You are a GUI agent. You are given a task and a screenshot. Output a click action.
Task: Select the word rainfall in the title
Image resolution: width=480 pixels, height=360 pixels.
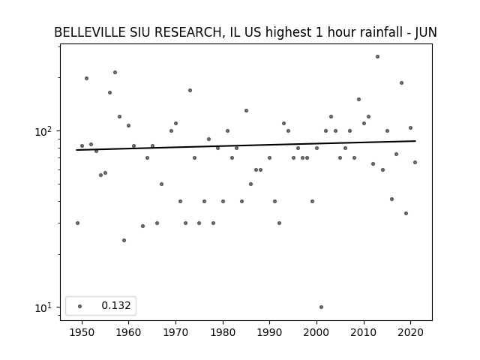tap(378, 32)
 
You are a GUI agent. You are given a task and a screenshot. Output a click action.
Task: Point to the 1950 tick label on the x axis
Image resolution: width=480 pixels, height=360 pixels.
tap(82, 332)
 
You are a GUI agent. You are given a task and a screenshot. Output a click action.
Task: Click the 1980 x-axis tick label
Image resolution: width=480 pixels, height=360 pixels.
tap(223, 332)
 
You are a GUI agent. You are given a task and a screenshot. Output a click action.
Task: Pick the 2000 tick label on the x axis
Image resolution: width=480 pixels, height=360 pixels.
tap(316, 332)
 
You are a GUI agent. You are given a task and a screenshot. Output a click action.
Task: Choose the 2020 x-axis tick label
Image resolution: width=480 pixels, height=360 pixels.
tap(410, 332)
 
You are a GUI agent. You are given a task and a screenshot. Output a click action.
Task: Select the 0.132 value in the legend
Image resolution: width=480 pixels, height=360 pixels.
tap(116, 305)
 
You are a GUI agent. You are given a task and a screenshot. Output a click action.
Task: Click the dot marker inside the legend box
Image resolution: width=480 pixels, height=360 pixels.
tap(80, 306)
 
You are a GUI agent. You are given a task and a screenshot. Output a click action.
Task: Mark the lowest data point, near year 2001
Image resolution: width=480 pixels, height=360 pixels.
tap(321, 307)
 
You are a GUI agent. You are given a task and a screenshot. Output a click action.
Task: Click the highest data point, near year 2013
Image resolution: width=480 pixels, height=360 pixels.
tap(377, 57)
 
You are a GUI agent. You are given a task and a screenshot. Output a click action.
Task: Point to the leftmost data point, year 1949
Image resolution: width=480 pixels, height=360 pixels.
tap(77, 223)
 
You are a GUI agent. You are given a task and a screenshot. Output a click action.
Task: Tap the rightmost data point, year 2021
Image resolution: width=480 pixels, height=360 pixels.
tap(415, 162)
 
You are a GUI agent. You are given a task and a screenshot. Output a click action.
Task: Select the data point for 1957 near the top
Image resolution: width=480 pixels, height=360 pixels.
tap(115, 73)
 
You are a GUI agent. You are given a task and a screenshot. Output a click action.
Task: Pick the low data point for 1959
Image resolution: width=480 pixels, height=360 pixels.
tap(124, 240)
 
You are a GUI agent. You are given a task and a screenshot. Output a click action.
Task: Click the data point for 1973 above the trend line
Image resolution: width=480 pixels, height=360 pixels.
tap(190, 90)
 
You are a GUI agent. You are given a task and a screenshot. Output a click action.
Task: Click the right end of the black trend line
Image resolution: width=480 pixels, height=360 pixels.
tap(415, 141)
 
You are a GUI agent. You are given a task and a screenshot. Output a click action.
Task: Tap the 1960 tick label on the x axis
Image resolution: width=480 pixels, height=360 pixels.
tap(128, 332)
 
